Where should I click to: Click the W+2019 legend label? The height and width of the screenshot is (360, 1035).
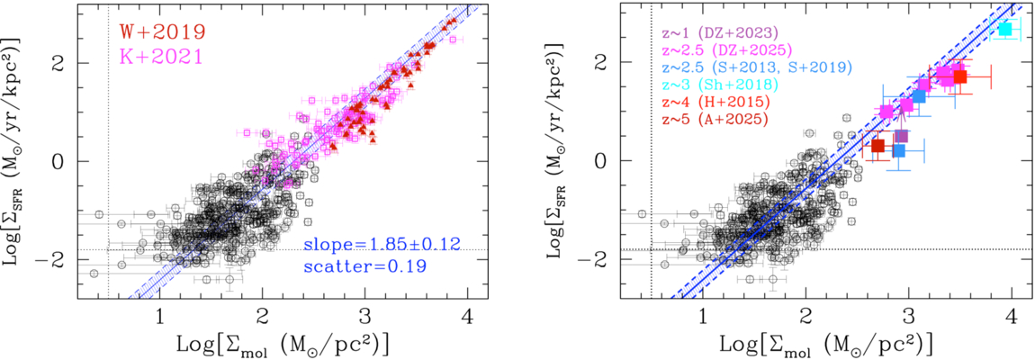pyautogui.click(x=162, y=31)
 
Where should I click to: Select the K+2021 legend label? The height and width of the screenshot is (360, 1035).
pyautogui.click(x=162, y=56)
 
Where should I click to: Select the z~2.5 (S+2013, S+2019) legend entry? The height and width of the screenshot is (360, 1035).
pyautogui.click(x=756, y=67)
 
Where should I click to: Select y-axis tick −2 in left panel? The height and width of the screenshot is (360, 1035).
pyautogui.click(x=57, y=259)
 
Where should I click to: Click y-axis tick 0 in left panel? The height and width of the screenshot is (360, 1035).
pyautogui.click(x=63, y=161)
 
